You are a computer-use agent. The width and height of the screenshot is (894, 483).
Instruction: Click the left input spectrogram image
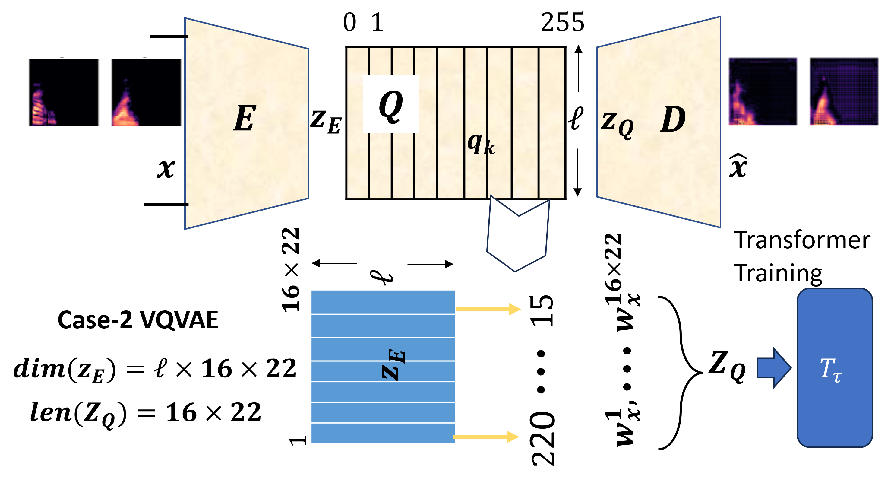pyautogui.click(x=64, y=92)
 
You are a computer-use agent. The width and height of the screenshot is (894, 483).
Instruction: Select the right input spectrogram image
pyautogui.click(x=147, y=92)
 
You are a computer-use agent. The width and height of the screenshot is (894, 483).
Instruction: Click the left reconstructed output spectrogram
pyautogui.click(x=763, y=92)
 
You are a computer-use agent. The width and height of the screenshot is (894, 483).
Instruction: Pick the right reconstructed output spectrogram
pyautogui.click(x=844, y=92)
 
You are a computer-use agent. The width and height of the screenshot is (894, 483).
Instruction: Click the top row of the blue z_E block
pyautogui.click(x=383, y=302)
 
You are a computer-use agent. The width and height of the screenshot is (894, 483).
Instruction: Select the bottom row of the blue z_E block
pyautogui.click(x=383, y=433)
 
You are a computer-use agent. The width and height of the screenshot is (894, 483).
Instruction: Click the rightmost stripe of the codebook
pyautogui.click(x=552, y=123)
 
